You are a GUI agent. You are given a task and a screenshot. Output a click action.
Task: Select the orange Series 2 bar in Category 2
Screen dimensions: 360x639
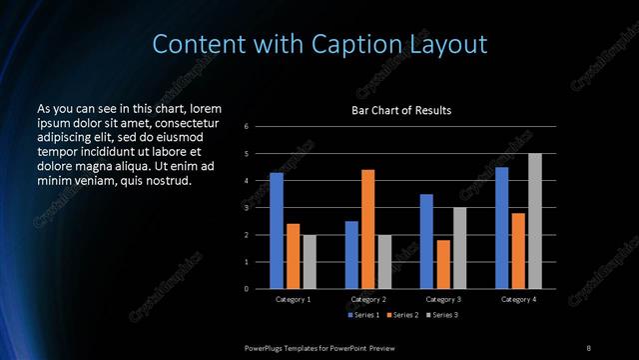367,229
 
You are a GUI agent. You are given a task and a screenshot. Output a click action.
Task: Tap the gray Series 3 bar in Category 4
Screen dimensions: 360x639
535,221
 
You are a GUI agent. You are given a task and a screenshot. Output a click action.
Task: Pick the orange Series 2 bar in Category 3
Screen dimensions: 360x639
443,264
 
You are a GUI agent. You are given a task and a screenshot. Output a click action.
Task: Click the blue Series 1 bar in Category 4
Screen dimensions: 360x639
502,228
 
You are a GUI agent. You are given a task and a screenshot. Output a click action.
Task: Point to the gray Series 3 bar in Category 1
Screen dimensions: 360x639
310,262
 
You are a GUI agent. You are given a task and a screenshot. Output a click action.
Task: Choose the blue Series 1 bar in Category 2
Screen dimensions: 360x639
351,255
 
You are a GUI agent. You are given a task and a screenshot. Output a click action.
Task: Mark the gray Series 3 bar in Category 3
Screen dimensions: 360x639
459,248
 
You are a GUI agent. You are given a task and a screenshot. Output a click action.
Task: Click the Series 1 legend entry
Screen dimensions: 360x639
364,316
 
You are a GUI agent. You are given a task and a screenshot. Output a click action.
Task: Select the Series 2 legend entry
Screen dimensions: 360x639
404,316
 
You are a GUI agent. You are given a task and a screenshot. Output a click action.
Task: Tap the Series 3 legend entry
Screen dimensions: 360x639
443,316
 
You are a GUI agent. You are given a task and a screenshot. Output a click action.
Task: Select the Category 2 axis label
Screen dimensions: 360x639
368,299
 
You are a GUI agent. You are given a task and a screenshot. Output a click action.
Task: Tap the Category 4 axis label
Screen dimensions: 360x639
518,299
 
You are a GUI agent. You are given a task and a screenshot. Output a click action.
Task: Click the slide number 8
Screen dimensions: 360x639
588,347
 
